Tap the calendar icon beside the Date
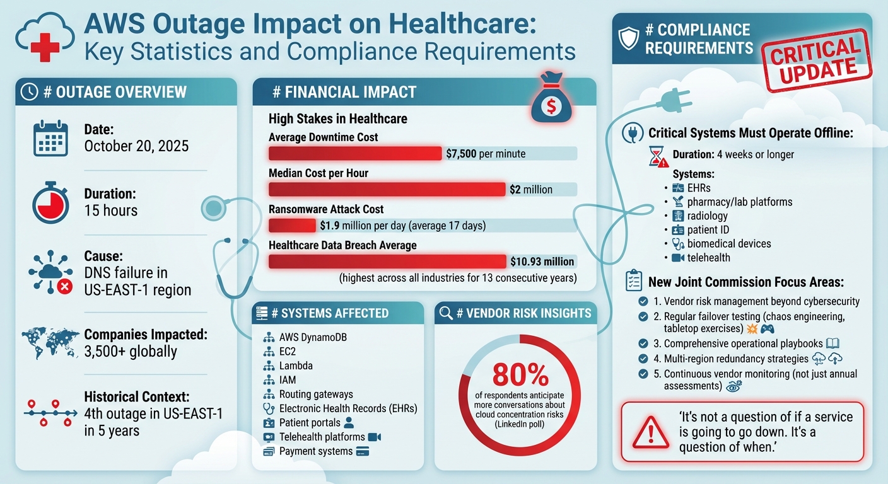coord(50,138)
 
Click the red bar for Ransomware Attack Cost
coord(292,226)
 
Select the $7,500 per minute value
coord(485,153)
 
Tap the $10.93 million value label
coord(541,262)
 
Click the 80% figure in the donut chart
coord(520,376)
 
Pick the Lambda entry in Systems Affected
coord(295,366)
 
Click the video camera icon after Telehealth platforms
coord(375,437)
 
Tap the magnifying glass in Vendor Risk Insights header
coord(445,313)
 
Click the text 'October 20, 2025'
coord(136,146)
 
